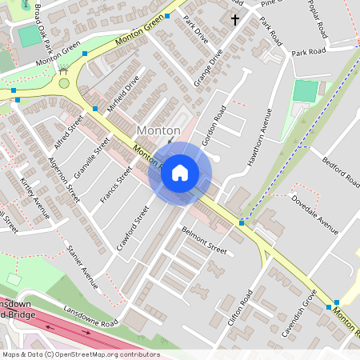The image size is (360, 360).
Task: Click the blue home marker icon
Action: pos(180,173)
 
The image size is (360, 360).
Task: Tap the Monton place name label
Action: pos(158,130)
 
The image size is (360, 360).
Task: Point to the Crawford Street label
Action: pos(133,229)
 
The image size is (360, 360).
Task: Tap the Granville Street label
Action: pos(92,158)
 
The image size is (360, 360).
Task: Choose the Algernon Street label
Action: pos(64,178)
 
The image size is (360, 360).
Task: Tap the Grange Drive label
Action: pos(206,69)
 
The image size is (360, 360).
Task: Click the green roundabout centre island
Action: pos(64,82)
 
